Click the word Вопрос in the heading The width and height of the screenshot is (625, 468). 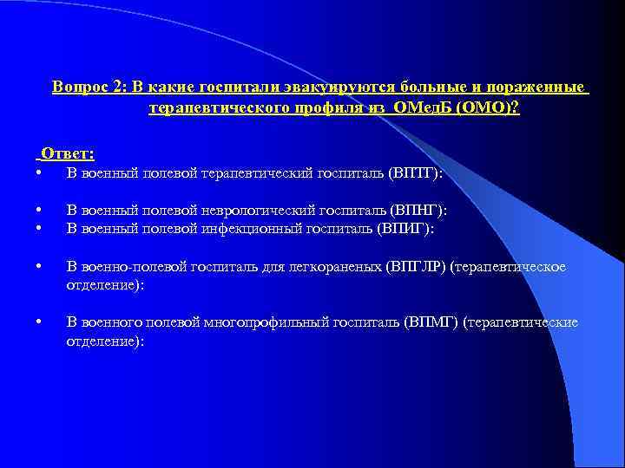[x=76, y=88]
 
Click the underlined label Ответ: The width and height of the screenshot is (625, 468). [x=67, y=153]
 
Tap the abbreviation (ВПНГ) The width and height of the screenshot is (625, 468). [x=419, y=211]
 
